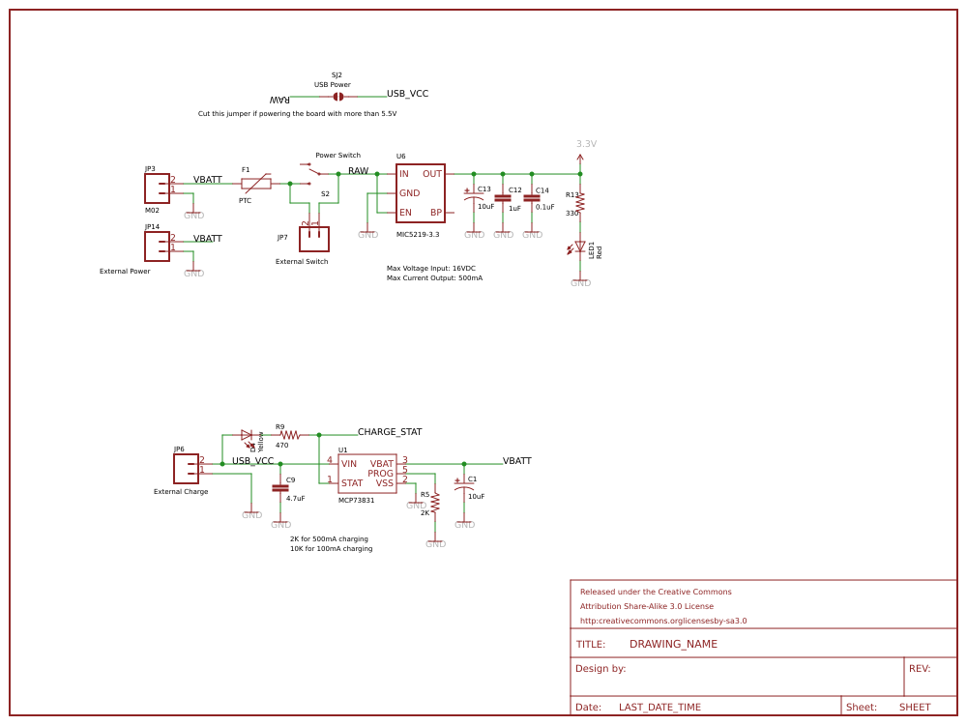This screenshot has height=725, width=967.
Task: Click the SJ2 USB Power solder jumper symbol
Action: pos(337,97)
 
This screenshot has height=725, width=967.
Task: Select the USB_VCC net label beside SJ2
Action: pos(407,94)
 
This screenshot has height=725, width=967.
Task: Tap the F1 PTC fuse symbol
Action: pos(256,183)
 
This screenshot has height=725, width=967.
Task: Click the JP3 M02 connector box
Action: pos(157,188)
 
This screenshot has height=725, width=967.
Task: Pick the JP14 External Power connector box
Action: pos(157,246)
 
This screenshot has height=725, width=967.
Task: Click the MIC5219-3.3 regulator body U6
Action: pos(420,193)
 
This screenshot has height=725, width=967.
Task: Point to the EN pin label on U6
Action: pos(405,213)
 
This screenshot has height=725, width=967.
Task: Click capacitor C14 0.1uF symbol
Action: pos(532,198)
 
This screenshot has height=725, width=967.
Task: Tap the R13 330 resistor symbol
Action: pos(580,202)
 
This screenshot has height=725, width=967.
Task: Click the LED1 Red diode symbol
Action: pos(580,247)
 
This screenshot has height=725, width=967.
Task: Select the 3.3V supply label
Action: pos(586,144)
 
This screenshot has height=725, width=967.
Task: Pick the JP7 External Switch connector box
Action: pos(314,239)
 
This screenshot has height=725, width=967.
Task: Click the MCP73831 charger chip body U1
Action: pos(367,474)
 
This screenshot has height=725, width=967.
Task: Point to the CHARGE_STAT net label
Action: pos(390,432)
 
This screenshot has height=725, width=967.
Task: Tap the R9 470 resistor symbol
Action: pos(289,435)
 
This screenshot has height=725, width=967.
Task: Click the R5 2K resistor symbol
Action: pos(435,503)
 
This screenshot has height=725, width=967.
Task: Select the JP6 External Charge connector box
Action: pos(186,469)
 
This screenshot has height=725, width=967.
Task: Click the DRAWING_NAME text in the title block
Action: pos(673,644)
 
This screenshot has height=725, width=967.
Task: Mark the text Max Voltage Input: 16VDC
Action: pos(430,269)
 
